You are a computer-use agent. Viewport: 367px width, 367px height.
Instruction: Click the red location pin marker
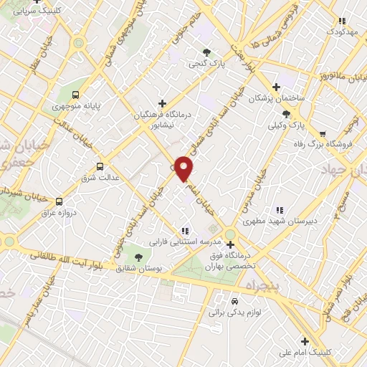coord(185,168)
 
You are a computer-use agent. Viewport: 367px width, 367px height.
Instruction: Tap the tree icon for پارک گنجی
coord(207,52)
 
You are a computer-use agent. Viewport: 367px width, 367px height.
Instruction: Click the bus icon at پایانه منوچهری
coord(77,95)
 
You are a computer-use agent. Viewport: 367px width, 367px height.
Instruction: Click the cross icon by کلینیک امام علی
coord(305,341)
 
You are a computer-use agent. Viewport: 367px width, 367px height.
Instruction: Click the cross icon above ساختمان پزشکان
coord(276,86)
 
